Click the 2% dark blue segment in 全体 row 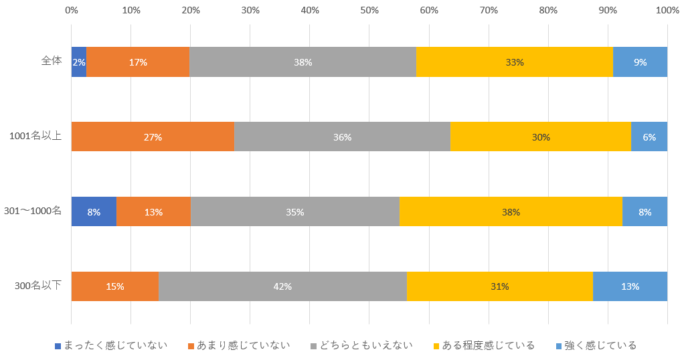(x=79, y=62)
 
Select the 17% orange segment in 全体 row (x=138, y=62)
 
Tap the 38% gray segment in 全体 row (x=303, y=62)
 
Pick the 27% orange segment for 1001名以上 (x=153, y=137)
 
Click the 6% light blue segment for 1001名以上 (x=649, y=137)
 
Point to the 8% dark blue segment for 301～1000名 (x=94, y=212)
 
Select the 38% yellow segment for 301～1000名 (x=511, y=212)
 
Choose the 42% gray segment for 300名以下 (x=282, y=286)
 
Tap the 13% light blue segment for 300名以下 (x=630, y=286)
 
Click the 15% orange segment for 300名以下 (x=115, y=286)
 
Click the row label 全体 (x=52, y=61)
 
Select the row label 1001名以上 (x=35, y=137)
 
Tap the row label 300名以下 (x=38, y=286)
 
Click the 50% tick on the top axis (x=369, y=10)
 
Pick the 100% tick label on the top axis (x=667, y=10)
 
